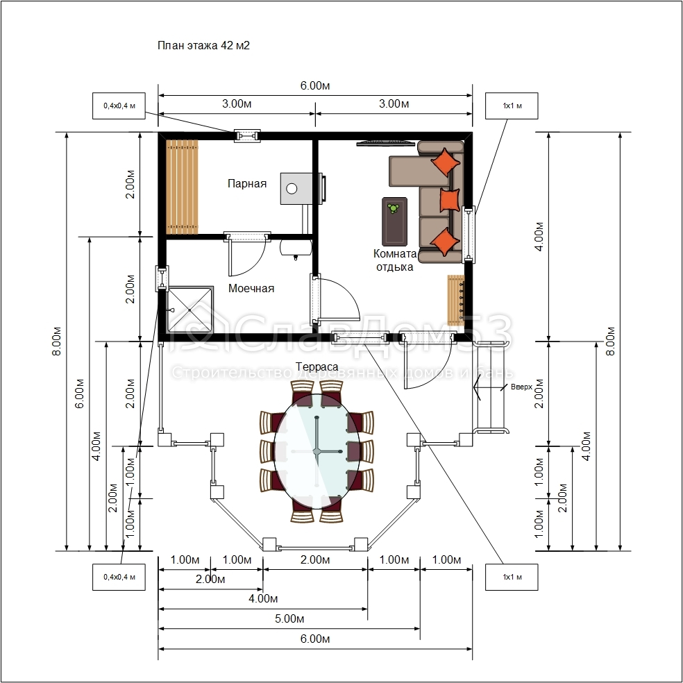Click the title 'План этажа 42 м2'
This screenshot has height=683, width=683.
click(x=203, y=45)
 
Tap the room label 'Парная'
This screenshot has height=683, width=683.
click(x=247, y=183)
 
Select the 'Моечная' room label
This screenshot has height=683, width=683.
click(x=251, y=288)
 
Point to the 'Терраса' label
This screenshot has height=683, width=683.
click(x=317, y=366)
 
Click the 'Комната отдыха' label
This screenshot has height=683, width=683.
click(x=395, y=260)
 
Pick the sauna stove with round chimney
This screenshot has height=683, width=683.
click(x=296, y=188)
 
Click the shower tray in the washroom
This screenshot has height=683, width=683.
click(x=190, y=310)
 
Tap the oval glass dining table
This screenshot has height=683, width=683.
click(x=317, y=451)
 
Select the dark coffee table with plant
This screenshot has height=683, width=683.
click(x=395, y=221)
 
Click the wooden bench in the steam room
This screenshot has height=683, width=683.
click(x=182, y=187)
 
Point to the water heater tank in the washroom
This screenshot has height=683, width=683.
click(x=296, y=247)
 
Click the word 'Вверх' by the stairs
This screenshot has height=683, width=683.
click(x=521, y=387)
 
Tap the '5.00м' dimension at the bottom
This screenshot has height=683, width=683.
click(x=289, y=619)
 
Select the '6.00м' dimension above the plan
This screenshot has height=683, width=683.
click(x=315, y=85)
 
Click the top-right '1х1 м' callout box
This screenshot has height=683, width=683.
click(x=512, y=106)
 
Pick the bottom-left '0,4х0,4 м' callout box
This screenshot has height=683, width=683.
click(x=119, y=577)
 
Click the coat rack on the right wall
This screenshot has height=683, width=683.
click(x=455, y=300)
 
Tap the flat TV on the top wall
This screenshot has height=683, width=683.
click(x=385, y=142)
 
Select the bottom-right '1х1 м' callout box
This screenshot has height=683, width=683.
click(x=512, y=577)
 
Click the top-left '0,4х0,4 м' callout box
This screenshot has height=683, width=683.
click(x=119, y=106)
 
